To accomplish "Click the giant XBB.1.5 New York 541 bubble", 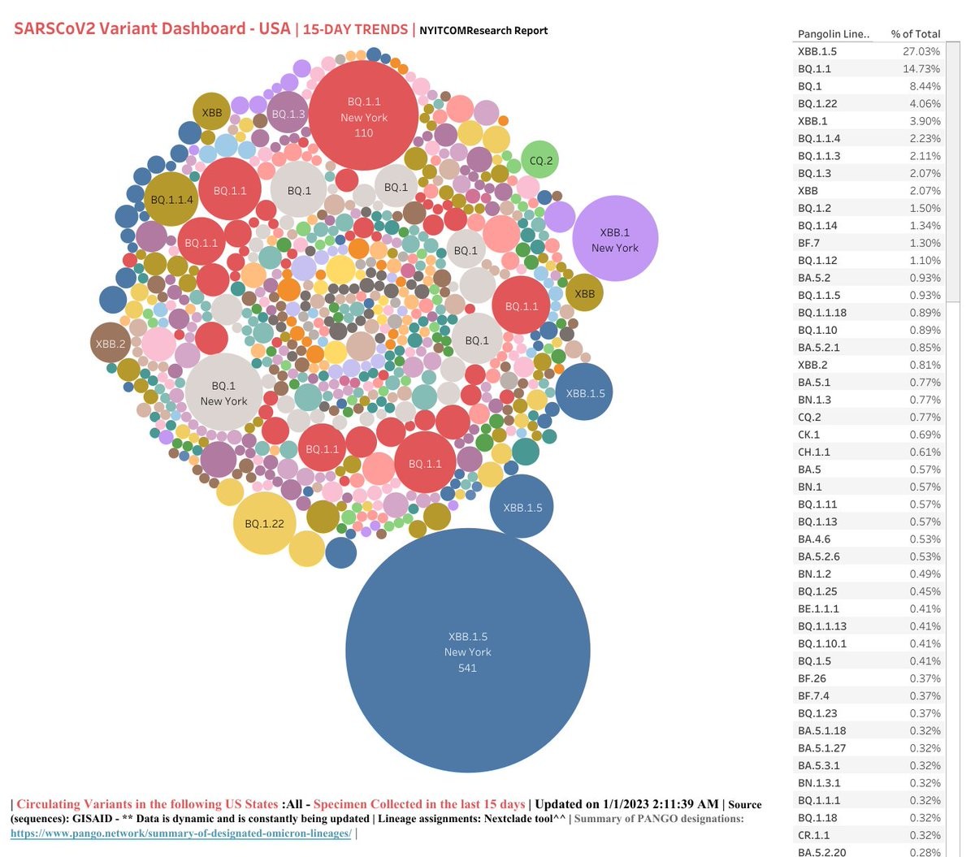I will (467, 651).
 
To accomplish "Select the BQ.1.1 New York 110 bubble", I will (363, 116).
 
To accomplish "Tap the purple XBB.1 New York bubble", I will (615, 239).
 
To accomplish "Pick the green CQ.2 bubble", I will (540, 160).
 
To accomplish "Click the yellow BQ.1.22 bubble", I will (264, 523).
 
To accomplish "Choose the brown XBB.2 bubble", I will (110, 343).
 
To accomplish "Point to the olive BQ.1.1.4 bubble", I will (171, 199).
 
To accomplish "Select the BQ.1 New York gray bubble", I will (223, 392).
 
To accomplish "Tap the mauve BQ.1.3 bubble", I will (288, 114).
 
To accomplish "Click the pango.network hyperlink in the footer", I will (181, 833).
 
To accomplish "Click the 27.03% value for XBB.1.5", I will (921, 51).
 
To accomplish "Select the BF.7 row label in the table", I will (808, 243).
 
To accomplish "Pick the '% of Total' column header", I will (915, 34).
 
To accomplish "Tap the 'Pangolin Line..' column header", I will (834, 34).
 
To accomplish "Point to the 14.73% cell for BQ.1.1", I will (921, 69).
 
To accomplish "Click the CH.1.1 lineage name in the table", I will (813, 452).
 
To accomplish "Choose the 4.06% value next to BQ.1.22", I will (925, 104).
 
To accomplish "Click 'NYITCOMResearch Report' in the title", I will (483, 31).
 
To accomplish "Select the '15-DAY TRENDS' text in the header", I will (355, 29).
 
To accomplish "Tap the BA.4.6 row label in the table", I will (813, 539).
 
